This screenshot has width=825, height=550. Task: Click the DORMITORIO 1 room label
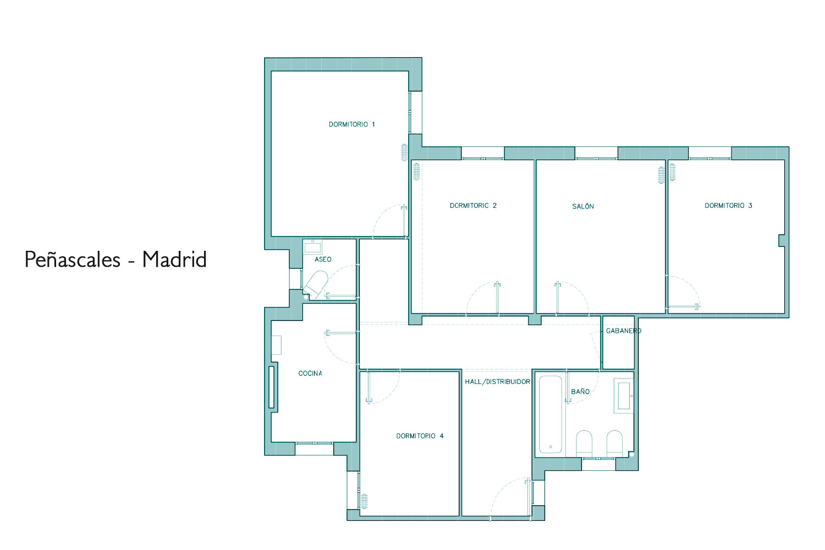point(352,124)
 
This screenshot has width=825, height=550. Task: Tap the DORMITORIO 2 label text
point(473,206)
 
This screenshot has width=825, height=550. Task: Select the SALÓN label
point(582,206)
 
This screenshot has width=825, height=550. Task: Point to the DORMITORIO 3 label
point(728,206)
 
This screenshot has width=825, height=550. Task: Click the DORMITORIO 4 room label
point(420,436)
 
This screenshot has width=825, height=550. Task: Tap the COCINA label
point(310,373)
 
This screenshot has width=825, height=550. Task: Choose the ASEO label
point(323,260)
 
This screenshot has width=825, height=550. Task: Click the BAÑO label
point(580,391)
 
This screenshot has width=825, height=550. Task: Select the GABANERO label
point(624,331)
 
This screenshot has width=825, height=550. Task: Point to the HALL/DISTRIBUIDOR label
point(497,382)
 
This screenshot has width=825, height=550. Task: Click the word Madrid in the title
point(174,260)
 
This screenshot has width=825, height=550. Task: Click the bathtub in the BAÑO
point(550,415)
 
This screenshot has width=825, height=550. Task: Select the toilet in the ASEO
point(316,284)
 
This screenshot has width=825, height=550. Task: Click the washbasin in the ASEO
point(312,246)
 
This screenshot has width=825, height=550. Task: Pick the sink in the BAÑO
point(623,395)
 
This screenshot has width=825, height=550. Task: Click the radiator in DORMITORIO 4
point(364,501)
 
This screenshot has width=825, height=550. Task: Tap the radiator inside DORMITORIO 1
point(404,152)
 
